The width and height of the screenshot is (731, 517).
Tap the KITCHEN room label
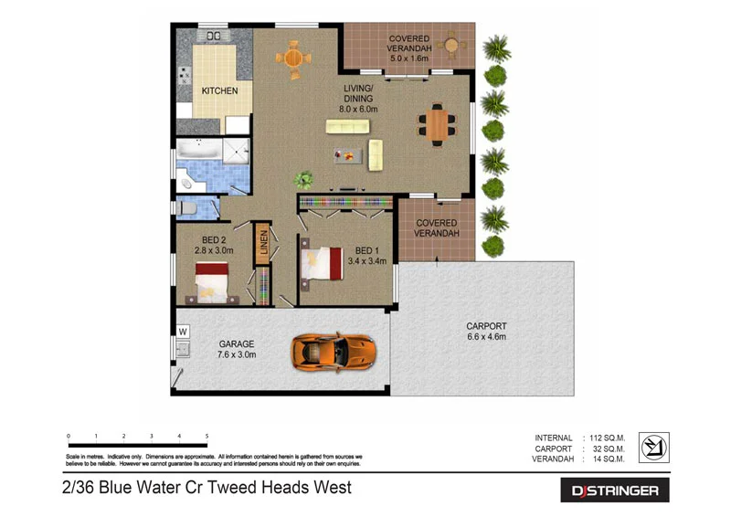[x=219, y=91]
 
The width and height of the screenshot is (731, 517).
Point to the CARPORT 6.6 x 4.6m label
[x=485, y=332]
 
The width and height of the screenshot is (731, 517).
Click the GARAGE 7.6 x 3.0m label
[x=236, y=350]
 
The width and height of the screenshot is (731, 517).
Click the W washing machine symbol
[x=183, y=331]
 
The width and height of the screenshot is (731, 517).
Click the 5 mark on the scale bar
[x=207, y=437]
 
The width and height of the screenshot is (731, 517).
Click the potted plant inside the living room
[x=302, y=180]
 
